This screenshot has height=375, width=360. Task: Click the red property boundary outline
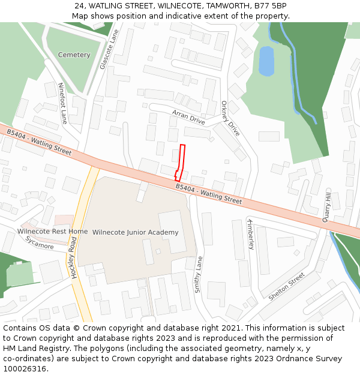(180, 162)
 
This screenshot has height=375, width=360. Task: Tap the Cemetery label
(74, 55)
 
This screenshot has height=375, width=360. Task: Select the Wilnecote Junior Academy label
(135, 232)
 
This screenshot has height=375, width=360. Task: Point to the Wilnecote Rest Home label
(52, 232)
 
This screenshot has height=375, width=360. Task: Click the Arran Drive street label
(188, 117)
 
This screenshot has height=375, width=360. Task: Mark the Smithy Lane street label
(199, 274)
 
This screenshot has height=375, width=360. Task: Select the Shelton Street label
(286, 287)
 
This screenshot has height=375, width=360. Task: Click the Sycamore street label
(39, 242)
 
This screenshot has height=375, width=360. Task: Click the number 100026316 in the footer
(23, 368)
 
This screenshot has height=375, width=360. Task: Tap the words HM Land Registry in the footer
(37, 348)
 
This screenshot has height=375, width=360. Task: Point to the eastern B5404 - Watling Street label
(209, 194)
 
